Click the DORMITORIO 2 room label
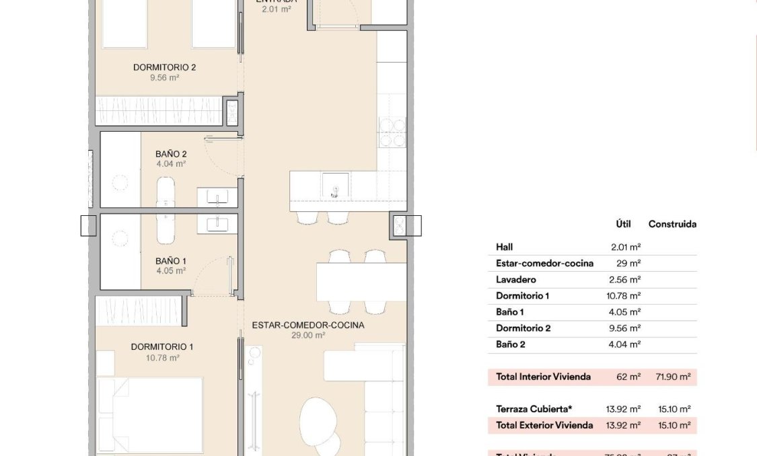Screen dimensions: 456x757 coord(164,67)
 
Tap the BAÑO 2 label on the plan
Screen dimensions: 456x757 coord(170,154)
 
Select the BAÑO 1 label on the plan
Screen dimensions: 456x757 coord(170,261)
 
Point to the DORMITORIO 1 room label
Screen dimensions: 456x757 coord(162,347)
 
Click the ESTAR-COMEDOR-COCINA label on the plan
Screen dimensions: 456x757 coord(308,325)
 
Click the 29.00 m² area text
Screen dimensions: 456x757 coord(308,335)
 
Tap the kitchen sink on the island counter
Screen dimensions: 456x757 coord(334,184)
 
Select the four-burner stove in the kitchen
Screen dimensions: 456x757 coord(392,132)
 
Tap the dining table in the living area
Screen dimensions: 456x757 coord(361,282)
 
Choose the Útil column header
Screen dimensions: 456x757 coord(623,225)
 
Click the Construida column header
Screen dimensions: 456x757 coord(672,225)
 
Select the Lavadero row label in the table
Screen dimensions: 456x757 coord(516,280)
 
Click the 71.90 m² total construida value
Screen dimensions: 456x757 coord(673,377)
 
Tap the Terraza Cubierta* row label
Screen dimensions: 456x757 coord(534,409)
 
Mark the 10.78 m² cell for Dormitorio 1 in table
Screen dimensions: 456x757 coord(623,296)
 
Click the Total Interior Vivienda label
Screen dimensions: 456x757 coord(543,377)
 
